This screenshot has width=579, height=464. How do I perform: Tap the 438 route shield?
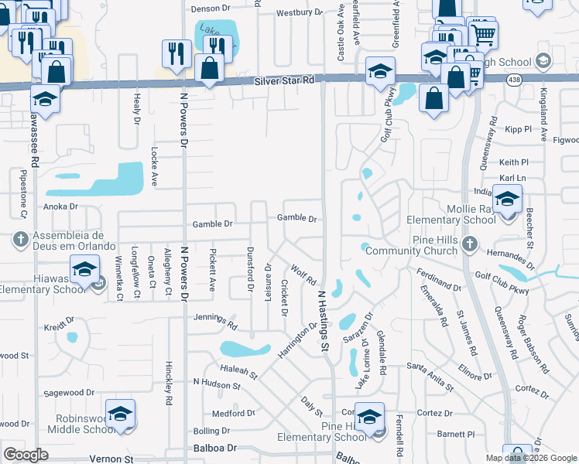pyautogui.click(x=513, y=80)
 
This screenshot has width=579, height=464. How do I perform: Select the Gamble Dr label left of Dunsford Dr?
pyautogui.click(x=212, y=224)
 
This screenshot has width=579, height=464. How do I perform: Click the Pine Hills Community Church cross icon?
pyautogui.click(x=469, y=244)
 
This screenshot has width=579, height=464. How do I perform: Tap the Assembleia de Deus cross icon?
pyautogui.click(x=21, y=240)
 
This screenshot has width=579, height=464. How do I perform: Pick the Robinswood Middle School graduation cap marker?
pyautogui.click(x=120, y=415)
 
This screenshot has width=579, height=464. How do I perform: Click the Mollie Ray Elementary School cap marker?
pyautogui.click(x=507, y=201)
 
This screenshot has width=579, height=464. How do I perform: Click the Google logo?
pyautogui.click(x=26, y=455)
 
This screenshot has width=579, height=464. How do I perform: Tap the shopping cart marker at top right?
pyautogui.click(x=483, y=33)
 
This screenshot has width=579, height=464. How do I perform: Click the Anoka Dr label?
pyautogui.click(x=61, y=206)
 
